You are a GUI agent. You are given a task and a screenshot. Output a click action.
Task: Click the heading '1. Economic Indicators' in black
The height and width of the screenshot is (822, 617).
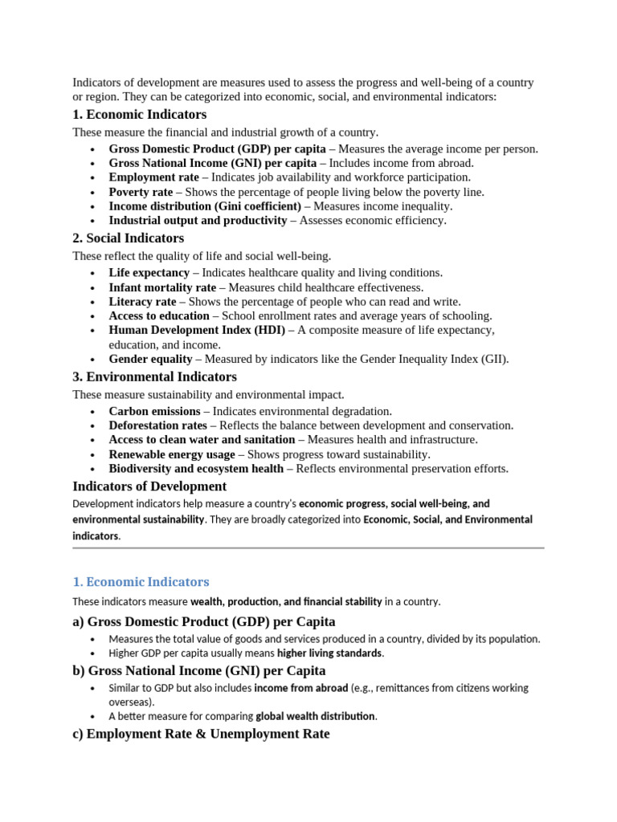pos(139,115)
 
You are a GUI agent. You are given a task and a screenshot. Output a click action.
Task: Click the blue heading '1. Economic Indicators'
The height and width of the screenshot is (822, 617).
pos(141,582)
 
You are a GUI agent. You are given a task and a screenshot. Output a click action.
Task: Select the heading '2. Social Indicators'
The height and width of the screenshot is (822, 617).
pos(128,238)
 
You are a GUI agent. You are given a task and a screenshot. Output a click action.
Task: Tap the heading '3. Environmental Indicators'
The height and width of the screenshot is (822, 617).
pos(154,376)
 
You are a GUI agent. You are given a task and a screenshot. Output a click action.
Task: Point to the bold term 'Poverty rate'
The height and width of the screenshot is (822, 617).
pos(141,192)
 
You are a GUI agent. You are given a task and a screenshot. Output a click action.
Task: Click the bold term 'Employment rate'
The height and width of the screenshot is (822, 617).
pos(153,177)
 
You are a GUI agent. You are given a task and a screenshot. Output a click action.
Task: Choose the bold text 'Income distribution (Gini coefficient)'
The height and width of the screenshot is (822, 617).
pos(205,206)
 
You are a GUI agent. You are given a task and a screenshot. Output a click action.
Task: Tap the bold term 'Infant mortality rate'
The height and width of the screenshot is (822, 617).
pos(162,287)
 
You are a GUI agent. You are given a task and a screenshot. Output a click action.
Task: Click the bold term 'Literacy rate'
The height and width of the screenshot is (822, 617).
pos(142,302)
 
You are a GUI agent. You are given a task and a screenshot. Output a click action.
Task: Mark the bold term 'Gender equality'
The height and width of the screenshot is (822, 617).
pos(150,360)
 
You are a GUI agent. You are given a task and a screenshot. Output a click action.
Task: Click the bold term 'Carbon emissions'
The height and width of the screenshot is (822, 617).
pos(154,411)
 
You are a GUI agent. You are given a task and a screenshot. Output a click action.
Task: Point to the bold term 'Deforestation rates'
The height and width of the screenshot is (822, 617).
pos(157,425)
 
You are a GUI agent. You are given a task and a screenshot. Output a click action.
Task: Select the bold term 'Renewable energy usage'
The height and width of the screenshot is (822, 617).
pos(172,454)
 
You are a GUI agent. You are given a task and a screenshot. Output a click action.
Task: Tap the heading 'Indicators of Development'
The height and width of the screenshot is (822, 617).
pos(149,486)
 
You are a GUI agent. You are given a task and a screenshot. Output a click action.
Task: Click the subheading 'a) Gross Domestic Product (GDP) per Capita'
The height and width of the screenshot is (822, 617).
pos(204,622)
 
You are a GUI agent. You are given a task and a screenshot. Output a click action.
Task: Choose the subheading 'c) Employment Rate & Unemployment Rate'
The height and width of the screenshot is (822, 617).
pos(201,734)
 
